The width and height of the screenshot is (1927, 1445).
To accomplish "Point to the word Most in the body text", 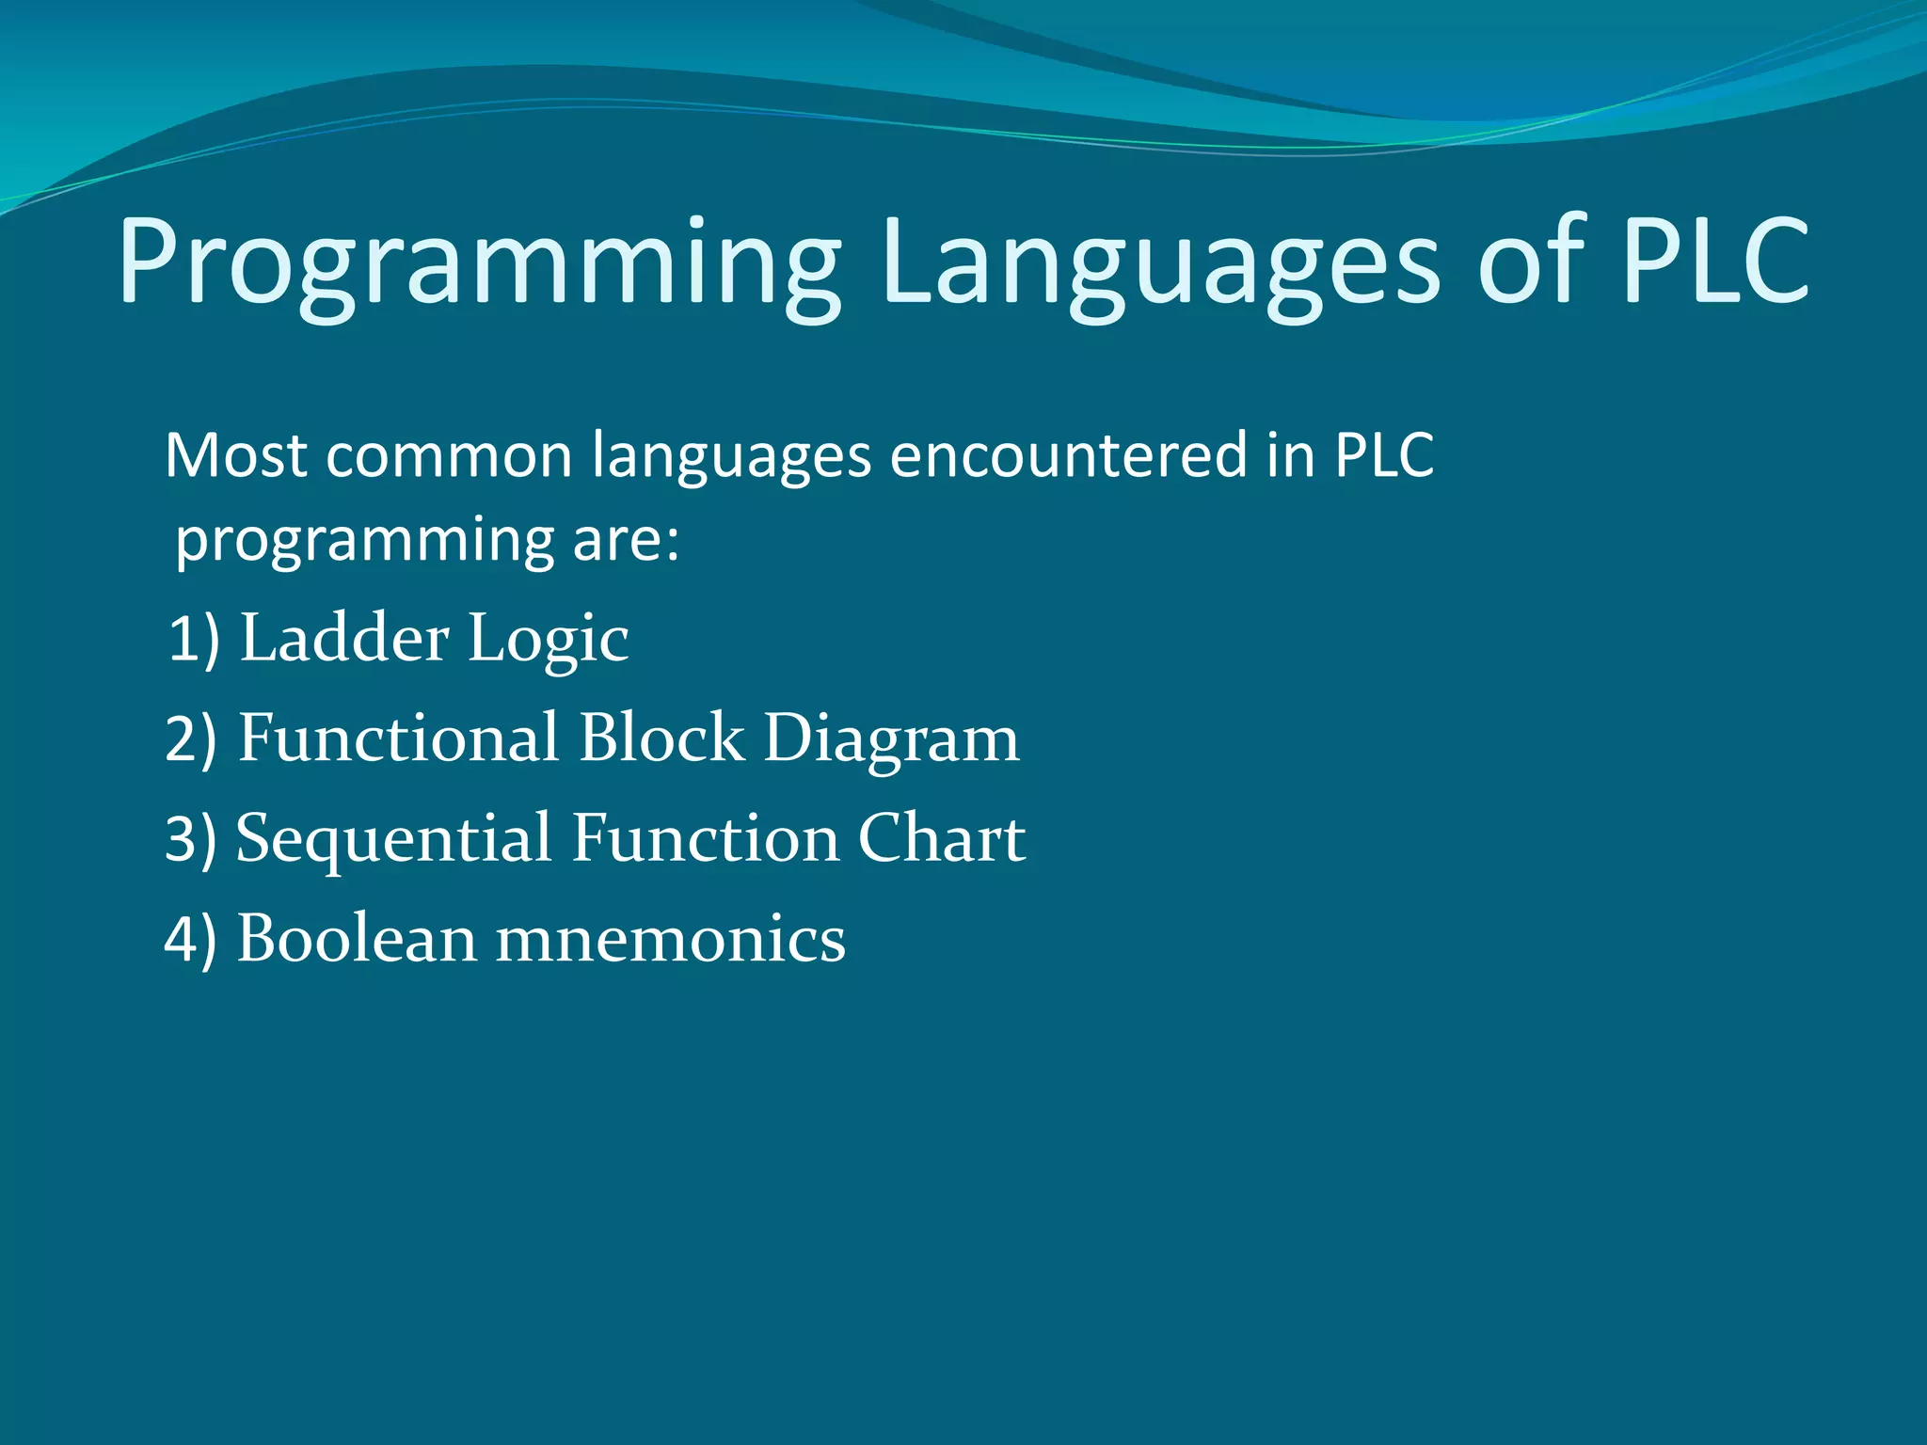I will pos(235,456).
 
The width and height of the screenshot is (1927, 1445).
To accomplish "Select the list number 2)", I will pos(192,739).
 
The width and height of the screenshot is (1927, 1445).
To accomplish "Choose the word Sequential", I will pos(393,840).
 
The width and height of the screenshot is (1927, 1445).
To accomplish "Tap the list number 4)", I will pos(191,940).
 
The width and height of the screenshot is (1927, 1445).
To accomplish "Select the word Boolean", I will pos(357,939).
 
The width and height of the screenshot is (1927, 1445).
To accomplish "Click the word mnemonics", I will pos(670,940).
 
